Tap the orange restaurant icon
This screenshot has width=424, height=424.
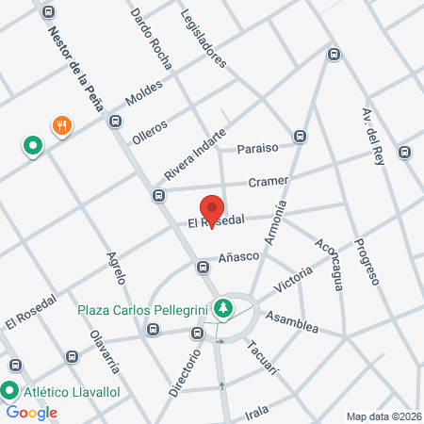click(x=62, y=124)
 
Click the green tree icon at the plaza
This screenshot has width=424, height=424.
click(x=223, y=307)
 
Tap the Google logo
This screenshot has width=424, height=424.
click(x=31, y=412)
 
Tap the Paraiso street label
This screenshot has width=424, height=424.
click(x=257, y=148)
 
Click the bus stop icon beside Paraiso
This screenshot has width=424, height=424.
click(x=300, y=135)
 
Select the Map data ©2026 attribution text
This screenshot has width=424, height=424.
click(x=383, y=416)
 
